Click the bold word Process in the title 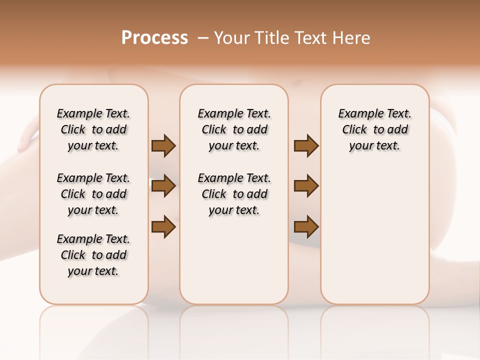[154, 38]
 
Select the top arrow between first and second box [163, 146]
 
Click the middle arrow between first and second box [163, 186]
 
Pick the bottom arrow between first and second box [163, 227]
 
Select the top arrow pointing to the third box [306, 146]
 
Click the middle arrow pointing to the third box [306, 186]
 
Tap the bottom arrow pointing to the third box [306, 227]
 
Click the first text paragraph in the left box [93, 129]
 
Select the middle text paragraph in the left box [93, 194]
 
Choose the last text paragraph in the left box [93, 255]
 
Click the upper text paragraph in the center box [234, 129]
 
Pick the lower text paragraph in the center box [234, 194]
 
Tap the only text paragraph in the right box [374, 129]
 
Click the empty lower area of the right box [374, 235]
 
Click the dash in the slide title [202, 38]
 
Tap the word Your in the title [230, 38]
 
